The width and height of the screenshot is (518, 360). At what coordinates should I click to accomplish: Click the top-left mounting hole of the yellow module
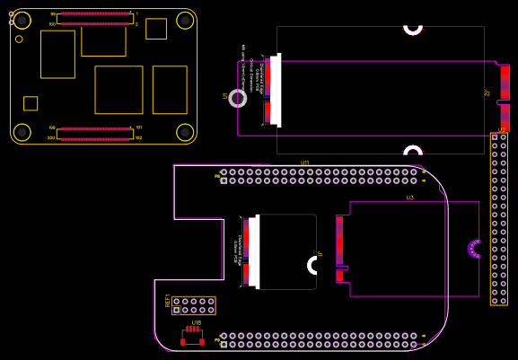pos(22,21)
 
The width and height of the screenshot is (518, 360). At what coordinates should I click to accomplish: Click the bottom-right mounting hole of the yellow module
pos(185,132)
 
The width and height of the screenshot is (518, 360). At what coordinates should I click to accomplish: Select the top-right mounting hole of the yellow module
pos(185,21)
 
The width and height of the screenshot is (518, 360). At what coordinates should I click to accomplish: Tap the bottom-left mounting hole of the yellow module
pos(22,132)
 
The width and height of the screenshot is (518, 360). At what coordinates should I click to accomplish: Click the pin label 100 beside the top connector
pos(52,24)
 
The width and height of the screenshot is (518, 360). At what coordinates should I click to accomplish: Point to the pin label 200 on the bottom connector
pos(52,138)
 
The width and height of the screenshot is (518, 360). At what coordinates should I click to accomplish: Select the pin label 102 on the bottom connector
pos(138,138)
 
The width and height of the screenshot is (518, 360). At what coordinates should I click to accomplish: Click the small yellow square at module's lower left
pos(31,103)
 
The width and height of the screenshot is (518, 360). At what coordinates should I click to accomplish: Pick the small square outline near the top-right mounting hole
pos(156,29)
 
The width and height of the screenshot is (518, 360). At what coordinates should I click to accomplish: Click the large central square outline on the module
pos(119,90)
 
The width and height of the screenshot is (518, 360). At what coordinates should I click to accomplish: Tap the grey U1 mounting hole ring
pos(238,98)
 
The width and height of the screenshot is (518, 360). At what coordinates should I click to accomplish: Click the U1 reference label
pos(225,95)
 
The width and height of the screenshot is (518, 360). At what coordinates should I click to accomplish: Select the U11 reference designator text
pos(305,162)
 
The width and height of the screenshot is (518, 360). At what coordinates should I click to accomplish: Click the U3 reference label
pos(409,198)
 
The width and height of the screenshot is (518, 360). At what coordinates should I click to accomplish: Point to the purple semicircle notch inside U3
pos(473,249)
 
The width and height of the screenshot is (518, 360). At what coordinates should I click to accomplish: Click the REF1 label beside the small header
pos(167,302)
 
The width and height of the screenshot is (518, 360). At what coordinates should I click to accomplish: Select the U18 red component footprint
pos(192,337)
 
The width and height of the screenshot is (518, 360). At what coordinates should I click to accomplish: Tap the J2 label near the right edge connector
pos(487,92)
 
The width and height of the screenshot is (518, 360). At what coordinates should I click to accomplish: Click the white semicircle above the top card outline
pos(413,29)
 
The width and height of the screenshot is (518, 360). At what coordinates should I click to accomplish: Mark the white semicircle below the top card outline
pos(413,149)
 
